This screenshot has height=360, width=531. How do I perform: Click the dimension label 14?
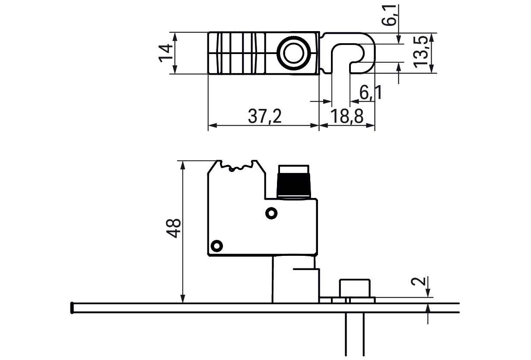pyautogui.click(x=166, y=53)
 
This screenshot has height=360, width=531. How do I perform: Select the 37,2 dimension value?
pyautogui.click(x=265, y=116)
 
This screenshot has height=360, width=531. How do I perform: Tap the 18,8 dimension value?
pyautogui.click(x=347, y=116)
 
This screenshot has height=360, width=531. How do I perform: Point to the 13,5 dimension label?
pyautogui.click(x=420, y=52)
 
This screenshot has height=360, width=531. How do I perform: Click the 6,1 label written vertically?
pyautogui.click(x=389, y=15)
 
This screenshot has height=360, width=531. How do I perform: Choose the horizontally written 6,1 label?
pyautogui.click(x=371, y=92)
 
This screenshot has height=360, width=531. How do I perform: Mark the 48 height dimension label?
pyautogui.click(x=173, y=228)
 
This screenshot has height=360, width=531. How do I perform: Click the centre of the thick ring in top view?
pyautogui.click(x=293, y=53)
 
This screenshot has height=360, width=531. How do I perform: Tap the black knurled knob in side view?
pyautogui.click(x=294, y=185)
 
